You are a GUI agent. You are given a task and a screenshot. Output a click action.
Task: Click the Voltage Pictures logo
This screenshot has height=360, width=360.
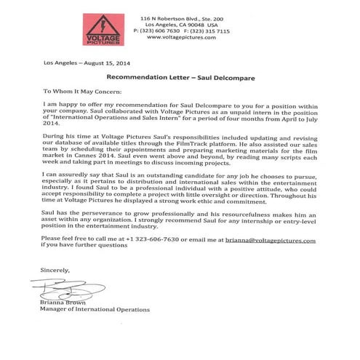[x=103, y=29]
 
